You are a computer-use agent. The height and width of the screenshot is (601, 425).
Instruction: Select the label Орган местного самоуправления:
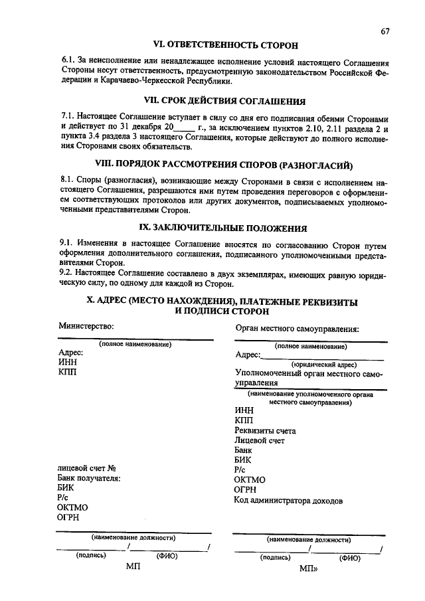coord(297,328)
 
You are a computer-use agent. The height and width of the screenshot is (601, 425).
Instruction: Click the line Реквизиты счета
coord(265,430)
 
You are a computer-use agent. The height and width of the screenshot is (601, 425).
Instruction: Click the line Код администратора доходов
coord(288,501)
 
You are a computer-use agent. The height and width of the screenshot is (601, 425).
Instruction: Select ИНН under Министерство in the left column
coord(67,363)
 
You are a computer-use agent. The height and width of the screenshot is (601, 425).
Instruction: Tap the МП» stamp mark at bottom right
coord(309,569)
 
